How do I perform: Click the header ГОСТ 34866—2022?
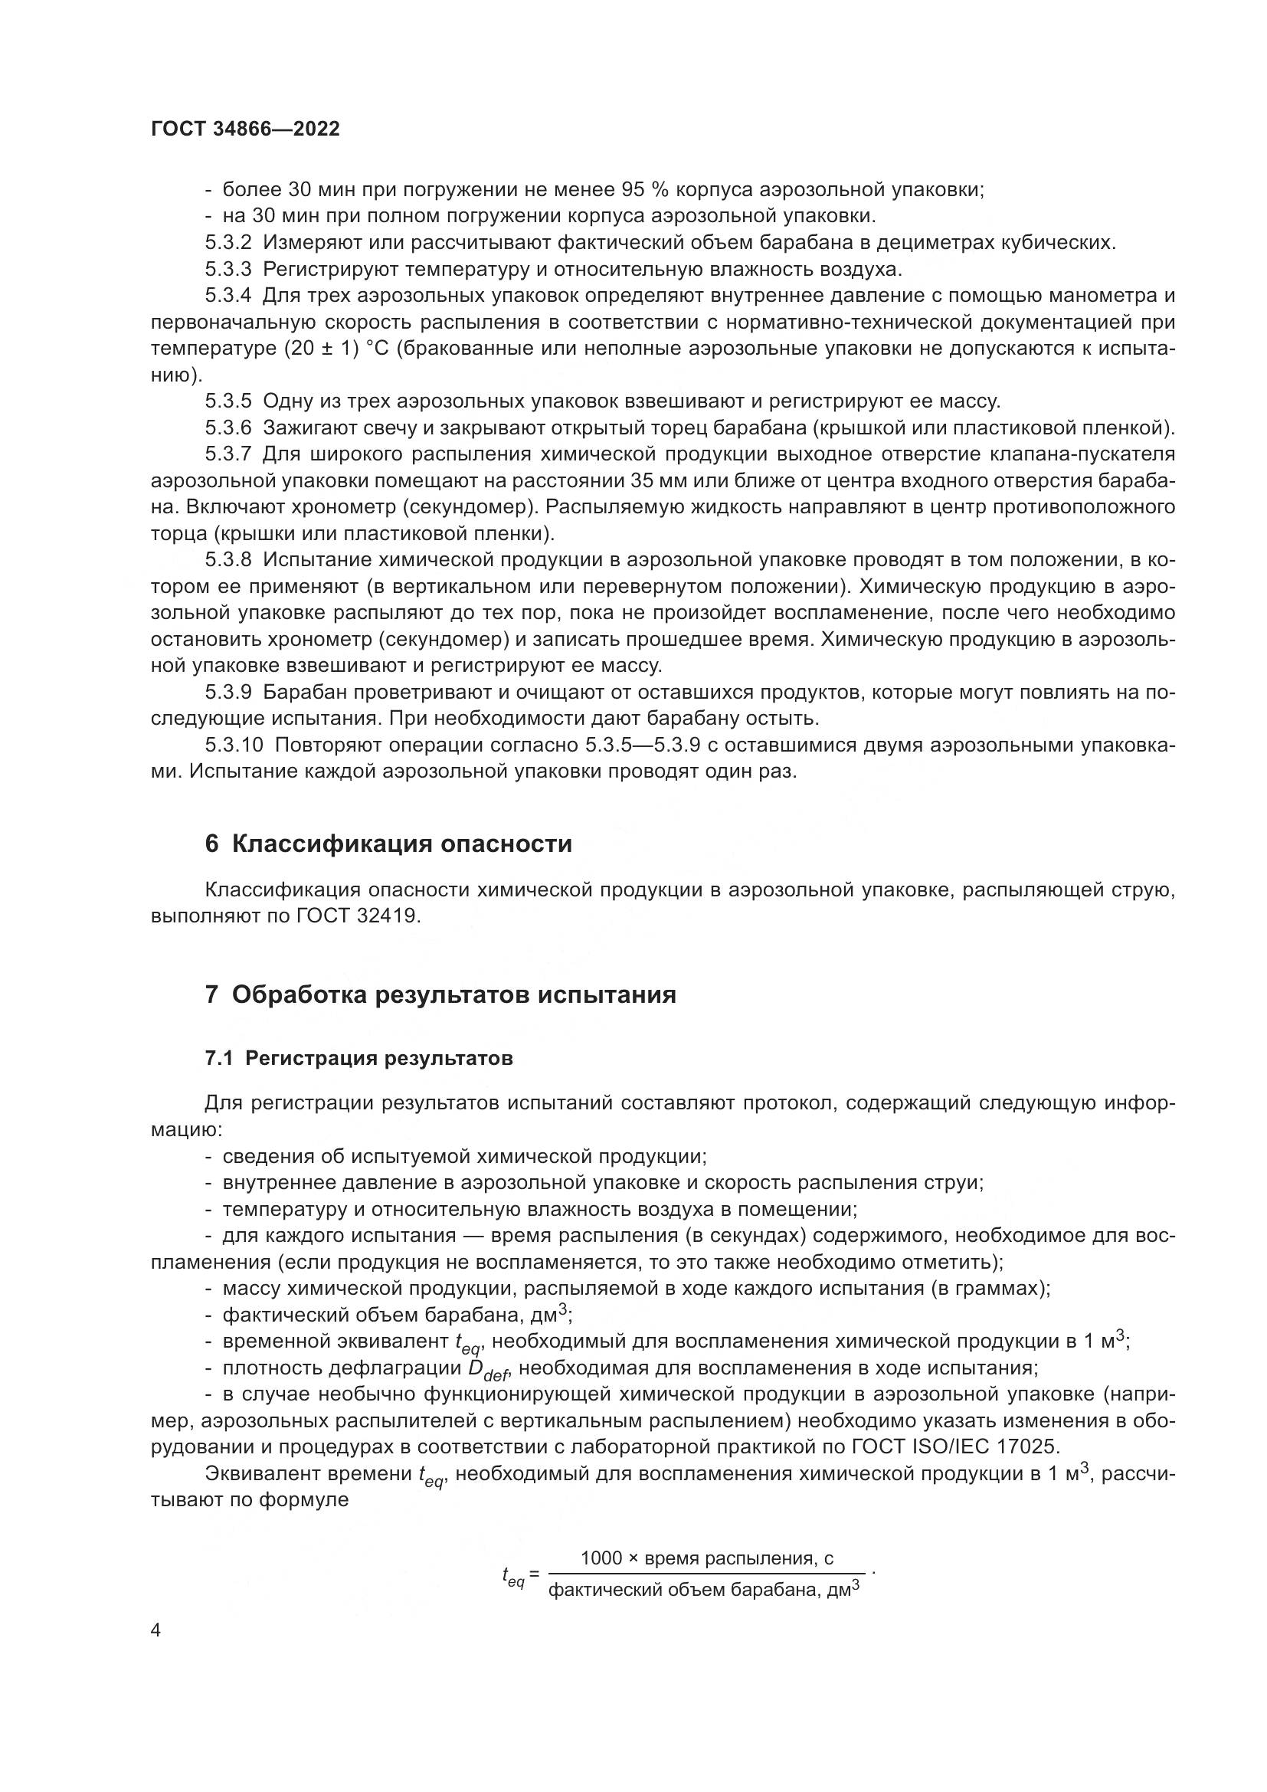point(245,129)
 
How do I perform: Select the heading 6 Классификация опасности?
point(388,844)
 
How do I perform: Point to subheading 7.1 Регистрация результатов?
point(358,1058)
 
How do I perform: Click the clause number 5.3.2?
point(228,243)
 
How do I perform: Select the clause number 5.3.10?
point(234,745)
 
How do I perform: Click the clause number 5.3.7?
point(228,454)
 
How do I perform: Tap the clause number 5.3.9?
point(228,693)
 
